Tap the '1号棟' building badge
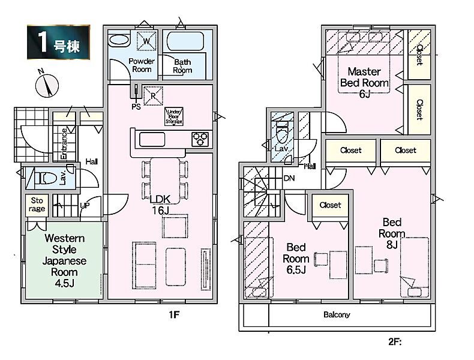(58, 43)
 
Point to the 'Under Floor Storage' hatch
(174, 116)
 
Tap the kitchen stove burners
(200, 139)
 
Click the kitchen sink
(152, 139)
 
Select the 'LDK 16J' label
(158, 206)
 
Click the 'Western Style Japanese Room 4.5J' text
(64, 255)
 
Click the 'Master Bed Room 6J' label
(364, 82)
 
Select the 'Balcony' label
(337, 314)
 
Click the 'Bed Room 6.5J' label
(297, 258)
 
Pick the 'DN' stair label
(289, 178)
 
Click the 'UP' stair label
(86, 205)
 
